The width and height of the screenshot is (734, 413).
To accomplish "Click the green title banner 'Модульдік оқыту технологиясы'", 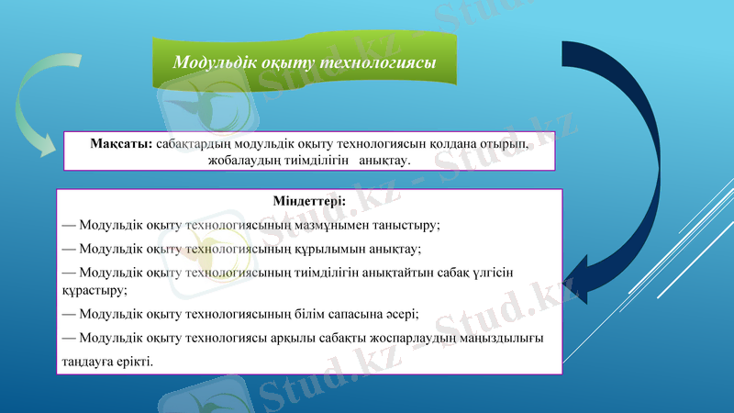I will (x=304, y=62).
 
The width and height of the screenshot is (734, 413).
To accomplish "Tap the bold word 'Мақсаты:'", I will (x=121, y=144).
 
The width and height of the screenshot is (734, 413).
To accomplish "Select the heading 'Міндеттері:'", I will (x=309, y=201).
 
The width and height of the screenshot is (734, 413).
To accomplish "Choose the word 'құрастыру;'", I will (x=95, y=289).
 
